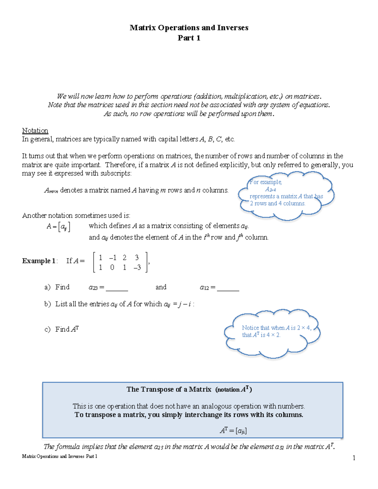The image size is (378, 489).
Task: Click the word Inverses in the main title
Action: [x=233, y=28]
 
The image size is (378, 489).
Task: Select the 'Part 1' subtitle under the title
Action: [x=189, y=38]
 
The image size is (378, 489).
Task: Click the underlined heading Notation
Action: [x=35, y=131]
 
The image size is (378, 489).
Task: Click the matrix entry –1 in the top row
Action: [x=112, y=258]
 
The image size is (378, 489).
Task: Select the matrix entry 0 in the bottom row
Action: [x=112, y=268]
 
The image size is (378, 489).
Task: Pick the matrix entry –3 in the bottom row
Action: [x=137, y=268]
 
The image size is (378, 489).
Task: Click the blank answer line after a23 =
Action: [x=117, y=289]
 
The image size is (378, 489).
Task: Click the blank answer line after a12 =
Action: [x=228, y=289]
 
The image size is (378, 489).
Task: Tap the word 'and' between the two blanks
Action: [x=161, y=287]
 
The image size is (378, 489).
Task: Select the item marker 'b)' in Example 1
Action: [x=48, y=304]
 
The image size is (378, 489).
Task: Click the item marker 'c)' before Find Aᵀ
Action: [x=48, y=330]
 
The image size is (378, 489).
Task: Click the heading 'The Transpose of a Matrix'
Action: [x=169, y=389]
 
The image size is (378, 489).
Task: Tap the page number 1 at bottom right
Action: [x=354, y=458]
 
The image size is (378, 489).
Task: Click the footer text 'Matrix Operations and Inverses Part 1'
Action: [x=60, y=456]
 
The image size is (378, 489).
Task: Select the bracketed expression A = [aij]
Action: [x=58, y=226]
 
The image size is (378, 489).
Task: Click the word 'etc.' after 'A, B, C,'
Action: [x=230, y=139]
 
